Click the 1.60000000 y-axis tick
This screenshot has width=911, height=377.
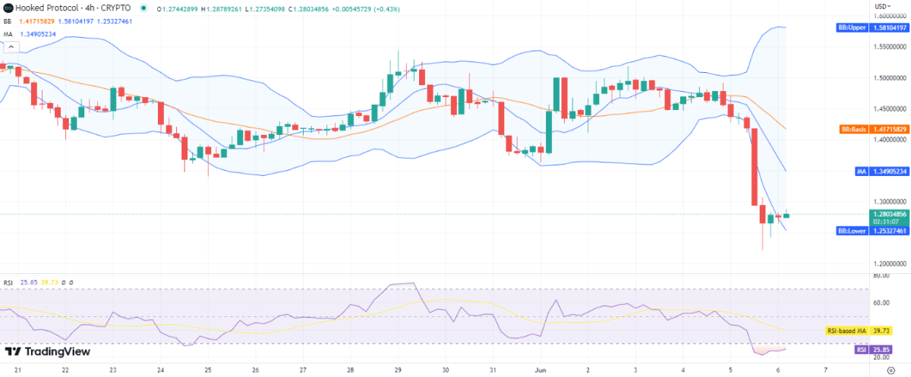tap(890, 16)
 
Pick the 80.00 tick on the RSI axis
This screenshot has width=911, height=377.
tap(881, 276)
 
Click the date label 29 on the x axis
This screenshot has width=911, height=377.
tap(398, 370)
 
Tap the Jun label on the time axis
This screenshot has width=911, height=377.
tap(541, 370)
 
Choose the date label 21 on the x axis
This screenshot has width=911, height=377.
tap(17, 370)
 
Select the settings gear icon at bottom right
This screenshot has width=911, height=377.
tap(891, 370)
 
